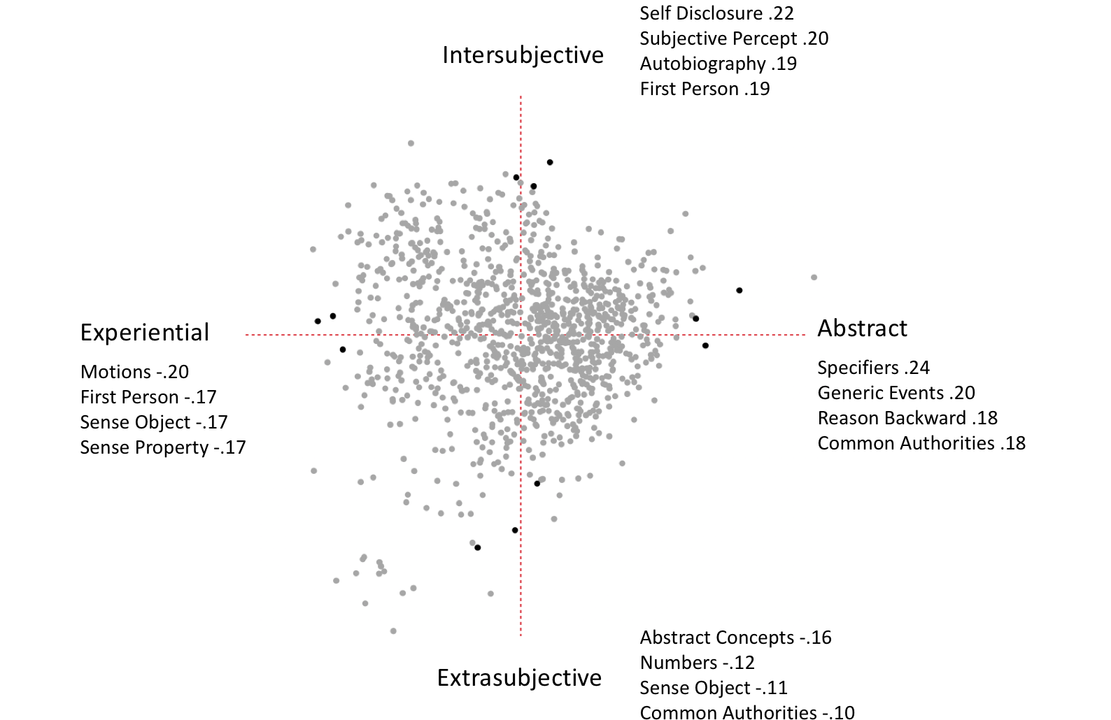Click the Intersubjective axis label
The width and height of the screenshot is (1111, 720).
pos(523,55)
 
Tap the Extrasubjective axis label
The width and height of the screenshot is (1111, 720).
pos(519,677)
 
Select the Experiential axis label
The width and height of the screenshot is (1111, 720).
pos(144,333)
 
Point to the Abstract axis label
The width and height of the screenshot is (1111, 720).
pos(863,328)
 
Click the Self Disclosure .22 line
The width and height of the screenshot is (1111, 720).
pos(716,13)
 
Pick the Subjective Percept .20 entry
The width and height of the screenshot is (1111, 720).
pos(734,38)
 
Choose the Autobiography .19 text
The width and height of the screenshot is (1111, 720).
pos(719,64)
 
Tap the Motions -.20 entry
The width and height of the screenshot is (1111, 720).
pos(134,372)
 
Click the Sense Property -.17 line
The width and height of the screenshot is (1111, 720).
pos(163,447)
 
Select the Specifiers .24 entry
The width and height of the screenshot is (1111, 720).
pos(873,368)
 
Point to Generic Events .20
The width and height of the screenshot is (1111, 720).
pos(896,393)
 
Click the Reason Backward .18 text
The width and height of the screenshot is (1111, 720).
pos(907,418)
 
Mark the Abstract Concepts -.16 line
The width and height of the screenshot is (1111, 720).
pos(735,638)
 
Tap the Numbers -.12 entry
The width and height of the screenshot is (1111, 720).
pos(697,663)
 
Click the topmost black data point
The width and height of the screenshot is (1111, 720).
pos(549,162)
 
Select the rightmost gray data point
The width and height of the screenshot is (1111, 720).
pos(814,278)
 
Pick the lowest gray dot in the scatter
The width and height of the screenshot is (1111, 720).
pos(393,631)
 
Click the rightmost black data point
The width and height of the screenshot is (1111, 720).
pos(739,290)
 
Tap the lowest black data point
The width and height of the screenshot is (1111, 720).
pos(478,547)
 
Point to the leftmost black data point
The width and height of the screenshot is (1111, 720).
pos(318,321)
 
